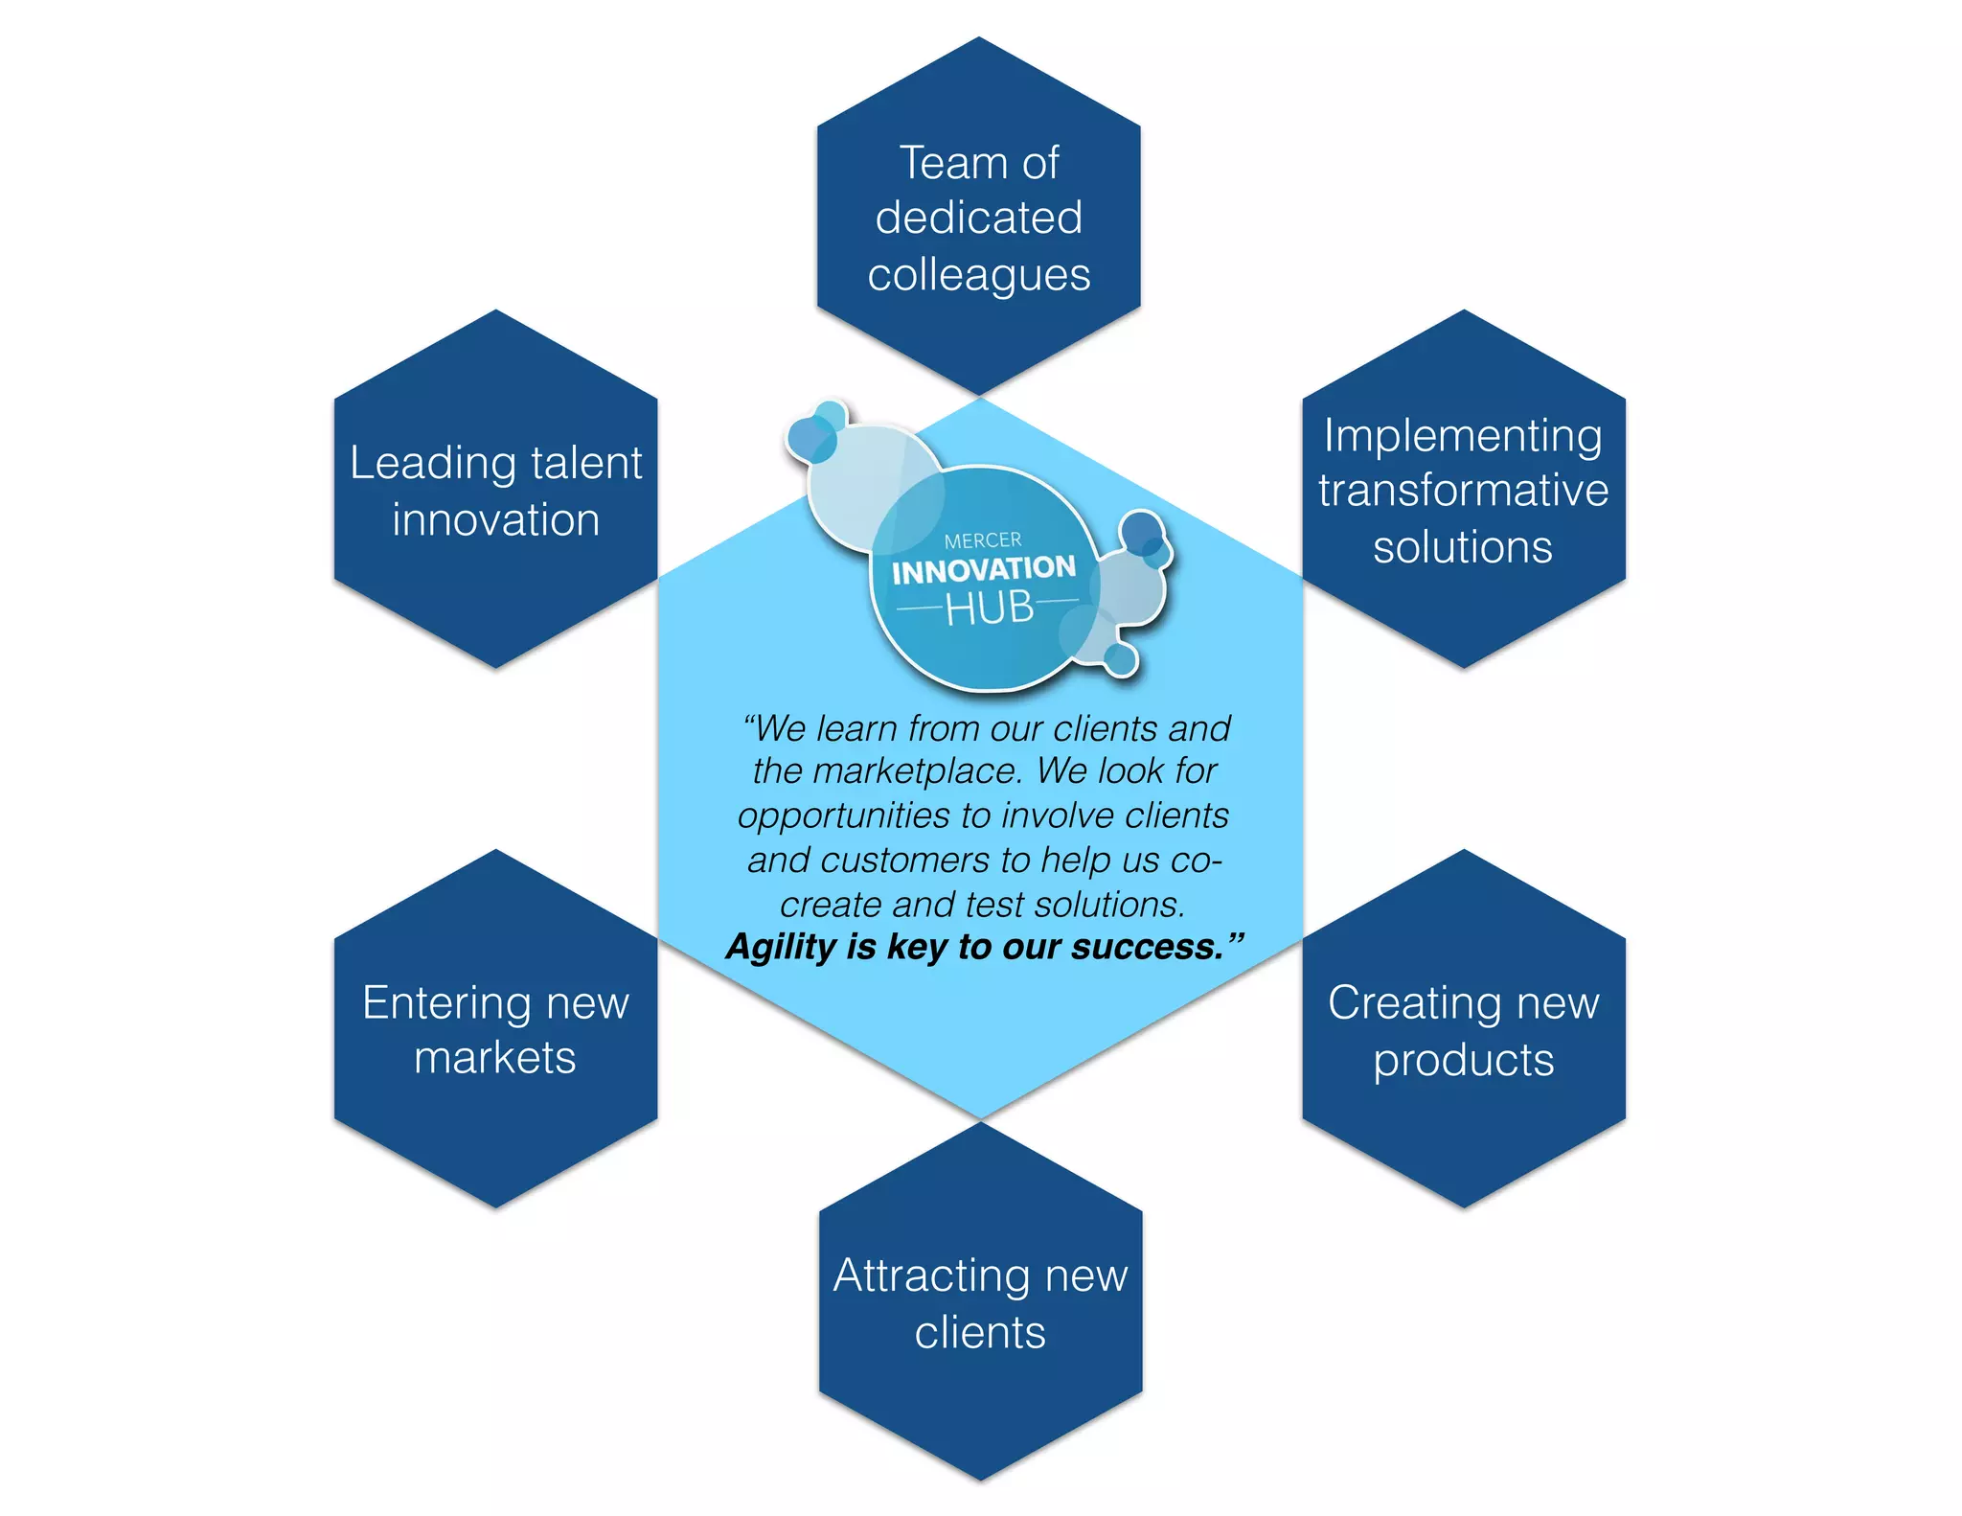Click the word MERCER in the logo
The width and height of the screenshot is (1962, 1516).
tap(982, 540)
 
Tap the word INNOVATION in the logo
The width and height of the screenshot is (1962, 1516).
tap(984, 570)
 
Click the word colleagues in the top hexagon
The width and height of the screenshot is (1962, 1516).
tap(979, 276)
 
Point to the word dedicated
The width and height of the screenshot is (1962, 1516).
tap(979, 218)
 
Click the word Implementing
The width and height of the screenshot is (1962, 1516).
tap(1463, 437)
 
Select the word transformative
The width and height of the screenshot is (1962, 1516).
tap(1463, 491)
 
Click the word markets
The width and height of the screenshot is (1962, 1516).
tap(495, 1059)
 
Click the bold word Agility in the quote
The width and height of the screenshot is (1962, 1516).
tap(781, 948)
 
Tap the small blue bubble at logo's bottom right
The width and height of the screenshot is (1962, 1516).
tap(1120, 657)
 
